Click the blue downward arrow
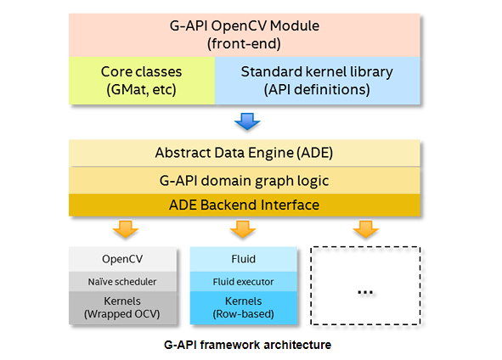(x=247, y=121)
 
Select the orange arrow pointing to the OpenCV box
(x=126, y=228)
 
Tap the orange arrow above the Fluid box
(x=243, y=228)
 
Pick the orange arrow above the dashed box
(x=366, y=228)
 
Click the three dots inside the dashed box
(x=365, y=292)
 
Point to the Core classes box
(x=142, y=81)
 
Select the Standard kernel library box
(x=318, y=81)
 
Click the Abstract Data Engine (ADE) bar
(x=245, y=153)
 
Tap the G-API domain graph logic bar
(x=245, y=181)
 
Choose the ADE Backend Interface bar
(x=245, y=205)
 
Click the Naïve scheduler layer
(x=122, y=282)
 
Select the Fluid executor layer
(x=243, y=282)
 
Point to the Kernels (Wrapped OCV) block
(x=122, y=308)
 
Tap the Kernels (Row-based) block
(x=243, y=308)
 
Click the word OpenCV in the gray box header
(x=122, y=259)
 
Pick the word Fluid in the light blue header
(x=243, y=259)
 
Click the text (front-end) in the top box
(x=244, y=44)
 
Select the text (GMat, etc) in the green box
(x=141, y=90)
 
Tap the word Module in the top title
(x=295, y=26)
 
